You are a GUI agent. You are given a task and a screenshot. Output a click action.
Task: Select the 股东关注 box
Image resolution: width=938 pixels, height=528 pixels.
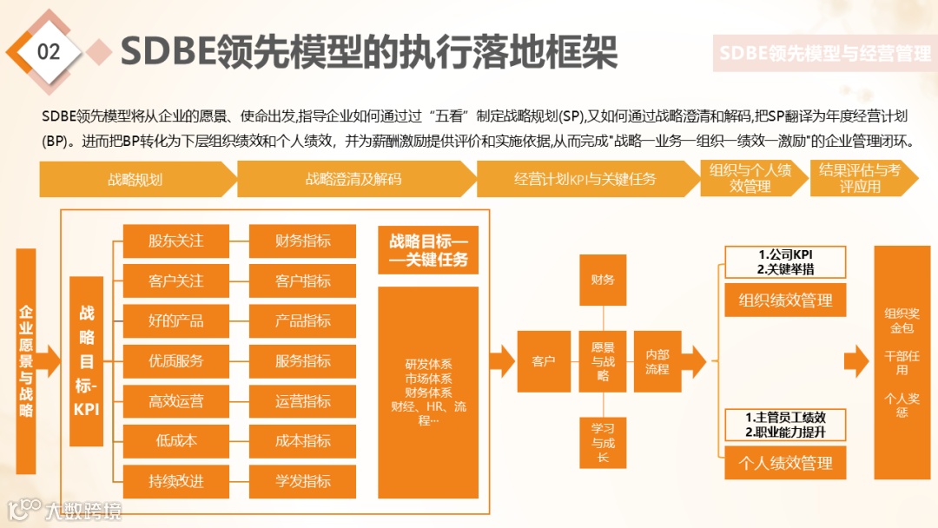click(175, 241)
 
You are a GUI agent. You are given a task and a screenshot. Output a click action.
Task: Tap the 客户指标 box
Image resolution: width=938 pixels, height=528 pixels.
click(302, 280)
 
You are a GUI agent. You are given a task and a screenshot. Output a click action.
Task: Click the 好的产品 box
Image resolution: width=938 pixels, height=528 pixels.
click(175, 320)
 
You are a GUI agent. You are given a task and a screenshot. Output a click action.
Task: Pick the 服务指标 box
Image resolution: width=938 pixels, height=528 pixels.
click(302, 360)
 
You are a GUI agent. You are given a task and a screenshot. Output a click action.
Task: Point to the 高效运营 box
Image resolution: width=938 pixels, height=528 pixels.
click(175, 400)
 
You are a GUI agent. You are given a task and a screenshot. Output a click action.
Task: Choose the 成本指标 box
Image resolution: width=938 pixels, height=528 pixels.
click(302, 440)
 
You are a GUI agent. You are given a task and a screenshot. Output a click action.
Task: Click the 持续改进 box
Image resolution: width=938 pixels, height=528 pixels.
click(175, 480)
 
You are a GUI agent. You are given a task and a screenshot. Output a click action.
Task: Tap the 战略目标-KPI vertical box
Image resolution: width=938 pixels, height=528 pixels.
click(87, 360)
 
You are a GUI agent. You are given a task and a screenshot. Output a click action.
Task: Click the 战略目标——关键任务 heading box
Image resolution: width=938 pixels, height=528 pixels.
click(428, 250)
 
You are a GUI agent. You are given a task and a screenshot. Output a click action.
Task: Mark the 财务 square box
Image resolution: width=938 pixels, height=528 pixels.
click(603, 280)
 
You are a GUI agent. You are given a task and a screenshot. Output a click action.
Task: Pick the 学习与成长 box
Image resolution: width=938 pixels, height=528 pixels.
click(603, 441)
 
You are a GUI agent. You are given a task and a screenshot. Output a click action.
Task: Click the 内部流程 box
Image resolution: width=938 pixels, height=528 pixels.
click(657, 360)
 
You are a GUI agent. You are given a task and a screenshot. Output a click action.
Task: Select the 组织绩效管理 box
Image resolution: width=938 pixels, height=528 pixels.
click(785, 300)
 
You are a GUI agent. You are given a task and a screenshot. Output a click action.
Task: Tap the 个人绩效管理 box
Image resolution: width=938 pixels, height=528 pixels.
click(785, 463)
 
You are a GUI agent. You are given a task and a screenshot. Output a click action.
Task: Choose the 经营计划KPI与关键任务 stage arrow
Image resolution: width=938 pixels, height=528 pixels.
click(585, 179)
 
